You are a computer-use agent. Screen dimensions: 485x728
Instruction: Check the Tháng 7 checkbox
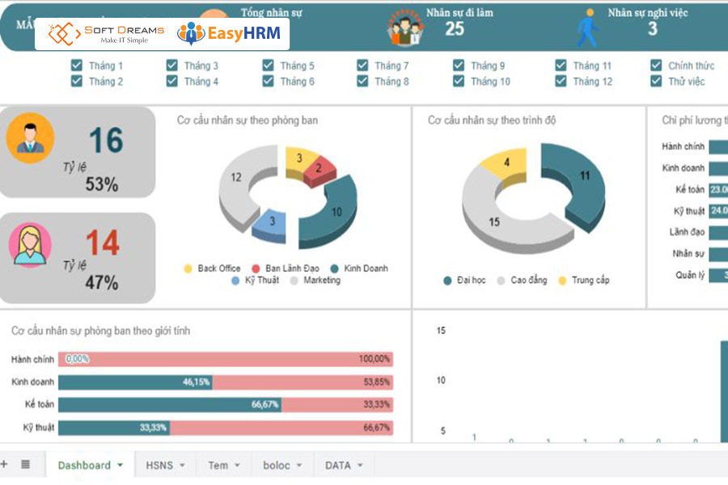362,65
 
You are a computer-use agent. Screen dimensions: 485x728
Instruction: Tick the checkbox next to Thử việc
656,81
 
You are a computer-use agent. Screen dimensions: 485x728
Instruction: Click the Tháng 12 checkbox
561,81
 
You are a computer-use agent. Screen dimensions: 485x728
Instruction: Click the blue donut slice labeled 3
271,223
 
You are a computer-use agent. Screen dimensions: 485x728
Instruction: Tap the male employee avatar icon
30,137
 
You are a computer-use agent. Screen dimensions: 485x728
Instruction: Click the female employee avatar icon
30,244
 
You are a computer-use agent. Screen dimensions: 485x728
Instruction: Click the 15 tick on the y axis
441,331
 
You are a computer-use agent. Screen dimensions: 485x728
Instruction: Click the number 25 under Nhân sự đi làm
455,29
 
